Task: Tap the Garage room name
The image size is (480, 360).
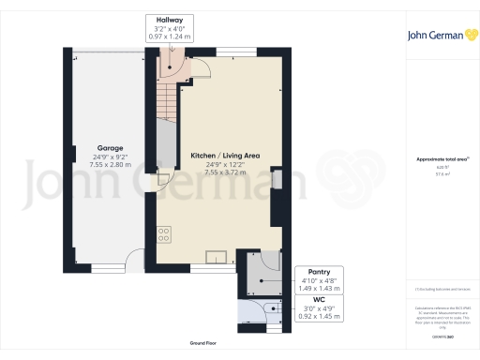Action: click(x=107, y=146)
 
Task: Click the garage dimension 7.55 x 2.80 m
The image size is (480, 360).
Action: click(x=107, y=163)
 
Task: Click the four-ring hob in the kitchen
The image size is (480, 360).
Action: click(x=163, y=234)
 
